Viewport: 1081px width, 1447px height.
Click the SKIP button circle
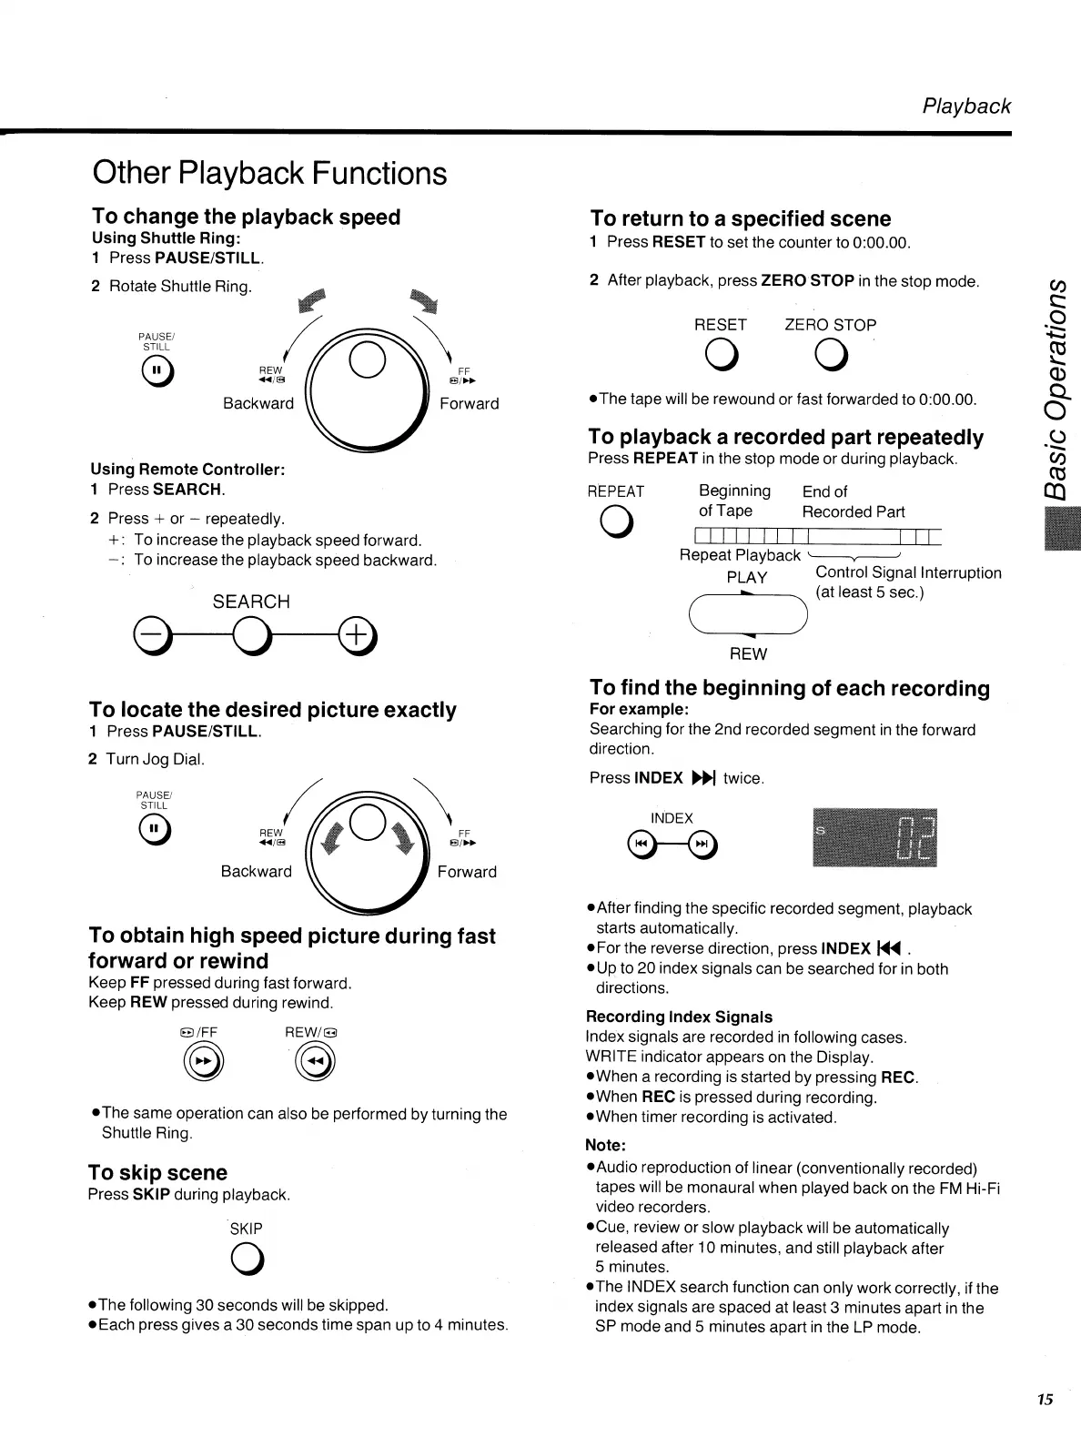coord(246,1259)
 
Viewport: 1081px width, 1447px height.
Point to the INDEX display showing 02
coord(873,837)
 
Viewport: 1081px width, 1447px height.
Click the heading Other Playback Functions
coord(269,173)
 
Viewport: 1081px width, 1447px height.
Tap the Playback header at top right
coord(966,106)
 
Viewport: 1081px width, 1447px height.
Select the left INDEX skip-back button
coord(641,845)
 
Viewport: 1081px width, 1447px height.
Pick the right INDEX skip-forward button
coord(702,845)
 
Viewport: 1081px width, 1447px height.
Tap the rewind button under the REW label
coord(314,1062)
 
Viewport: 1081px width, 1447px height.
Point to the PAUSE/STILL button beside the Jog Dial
coord(155,830)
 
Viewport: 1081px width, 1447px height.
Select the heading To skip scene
coord(157,1172)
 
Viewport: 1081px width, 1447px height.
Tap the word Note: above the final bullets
coord(606,1145)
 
